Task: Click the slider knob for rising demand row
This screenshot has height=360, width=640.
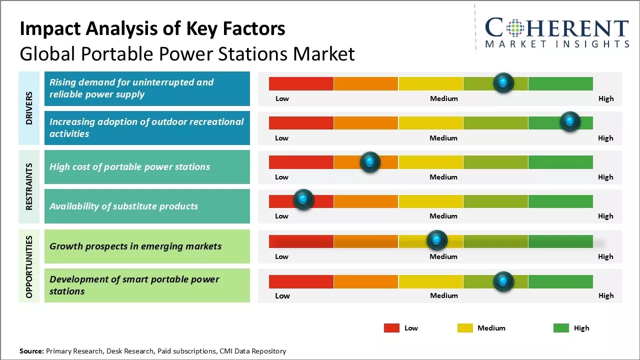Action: [503, 82]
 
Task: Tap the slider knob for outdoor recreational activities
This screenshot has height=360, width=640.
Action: [569, 121]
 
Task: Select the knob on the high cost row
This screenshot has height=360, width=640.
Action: [370, 161]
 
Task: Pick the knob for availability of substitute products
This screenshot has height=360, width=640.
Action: [303, 199]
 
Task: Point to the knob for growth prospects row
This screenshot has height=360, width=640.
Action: [437, 240]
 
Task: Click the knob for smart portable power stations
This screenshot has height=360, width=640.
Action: [503, 281]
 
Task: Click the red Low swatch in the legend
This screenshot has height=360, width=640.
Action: [391, 328]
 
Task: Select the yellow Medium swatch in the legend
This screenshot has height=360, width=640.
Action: [465, 328]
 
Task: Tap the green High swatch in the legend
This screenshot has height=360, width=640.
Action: [561, 328]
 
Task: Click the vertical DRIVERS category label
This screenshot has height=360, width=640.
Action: [29, 108]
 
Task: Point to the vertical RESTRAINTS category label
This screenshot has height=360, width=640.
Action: [29, 186]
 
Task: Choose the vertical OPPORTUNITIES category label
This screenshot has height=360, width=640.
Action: [29, 266]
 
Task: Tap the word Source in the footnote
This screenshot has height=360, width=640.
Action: [31, 351]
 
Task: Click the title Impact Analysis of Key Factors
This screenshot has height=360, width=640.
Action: [152, 28]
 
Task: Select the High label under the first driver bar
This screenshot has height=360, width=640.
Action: [605, 98]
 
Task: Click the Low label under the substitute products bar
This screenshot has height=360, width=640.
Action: [281, 216]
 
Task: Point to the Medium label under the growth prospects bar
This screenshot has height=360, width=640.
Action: [443, 256]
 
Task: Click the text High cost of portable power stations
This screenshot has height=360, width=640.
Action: [129, 167]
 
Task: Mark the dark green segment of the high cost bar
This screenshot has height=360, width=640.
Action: [560, 162]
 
